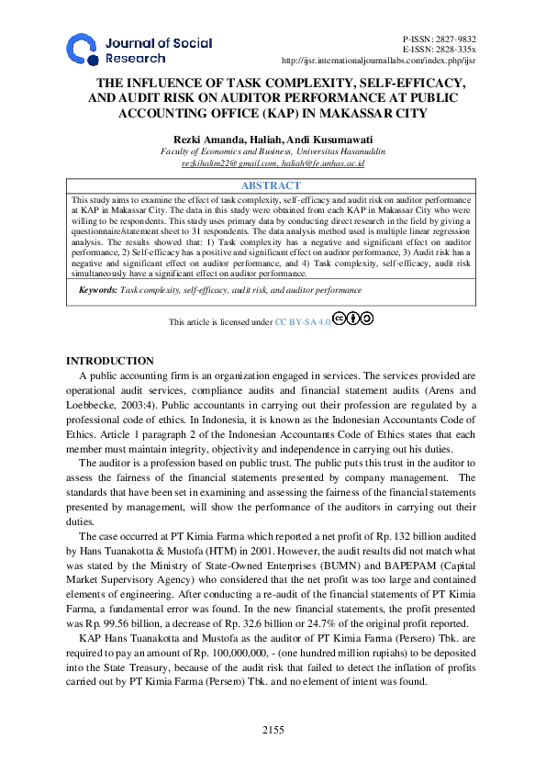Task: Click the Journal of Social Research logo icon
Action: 82,50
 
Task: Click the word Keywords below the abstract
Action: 95,290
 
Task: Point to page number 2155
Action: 273,730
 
